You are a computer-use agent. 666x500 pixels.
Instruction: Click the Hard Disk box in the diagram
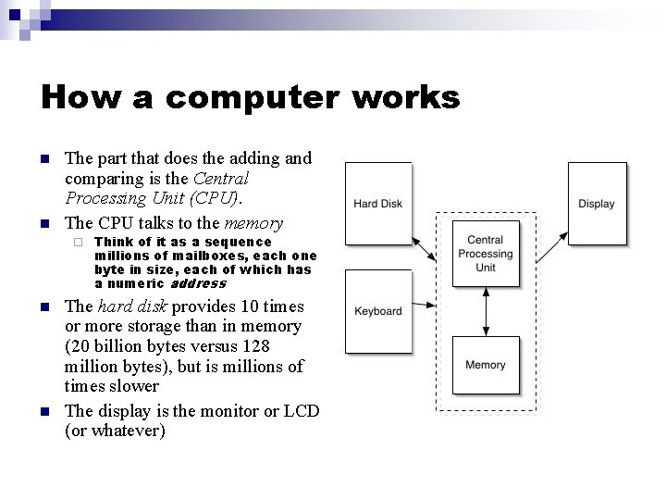pyautogui.click(x=377, y=204)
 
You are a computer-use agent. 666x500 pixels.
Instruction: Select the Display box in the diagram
pyautogui.click(x=597, y=204)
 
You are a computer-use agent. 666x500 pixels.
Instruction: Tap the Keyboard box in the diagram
pyautogui.click(x=377, y=311)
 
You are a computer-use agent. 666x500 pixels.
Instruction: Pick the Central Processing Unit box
pyautogui.click(x=486, y=254)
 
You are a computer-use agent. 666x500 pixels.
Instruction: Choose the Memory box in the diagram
pyautogui.click(x=486, y=365)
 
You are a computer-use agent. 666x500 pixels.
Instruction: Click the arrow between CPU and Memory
pyautogui.click(x=486, y=311)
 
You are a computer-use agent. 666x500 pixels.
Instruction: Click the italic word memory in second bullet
pyautogui.click(x=253, y=222)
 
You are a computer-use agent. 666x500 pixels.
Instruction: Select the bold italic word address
pyautogui.click(x=198, y=283)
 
